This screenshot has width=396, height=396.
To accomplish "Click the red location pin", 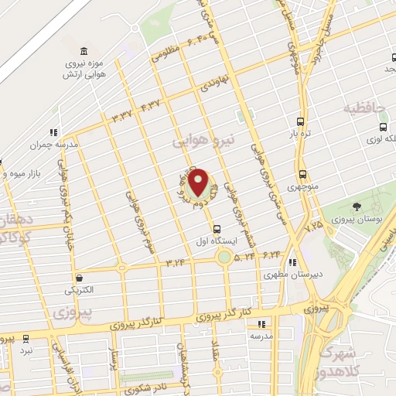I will [x=199, y=182].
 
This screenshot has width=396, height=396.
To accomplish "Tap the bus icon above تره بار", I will [x=301, y=122].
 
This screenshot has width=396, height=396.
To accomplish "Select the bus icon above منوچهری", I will [x=302, y=175].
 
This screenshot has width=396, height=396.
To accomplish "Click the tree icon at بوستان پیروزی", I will [x=356, y=207].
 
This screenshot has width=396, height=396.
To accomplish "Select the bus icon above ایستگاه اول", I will [x=217, y=228].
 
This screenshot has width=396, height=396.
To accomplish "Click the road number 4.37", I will [x=151, y=104].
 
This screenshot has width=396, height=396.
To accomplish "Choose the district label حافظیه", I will [x=365, y=108].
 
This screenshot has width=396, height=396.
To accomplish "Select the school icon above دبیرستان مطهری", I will [x=293, y=262].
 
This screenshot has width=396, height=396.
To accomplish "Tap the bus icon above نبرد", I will [x=26, y=339].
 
